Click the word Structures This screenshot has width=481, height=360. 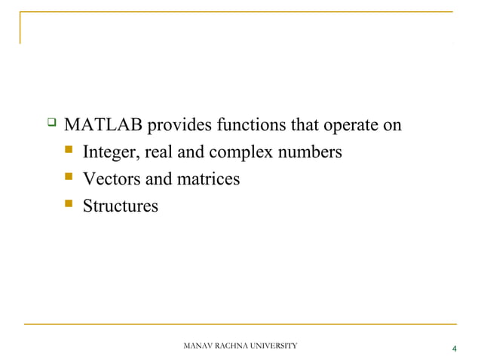pyautogui.click(x=120, y=206)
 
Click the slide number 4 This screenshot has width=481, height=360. pyautogui.click(x=454, y=349)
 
